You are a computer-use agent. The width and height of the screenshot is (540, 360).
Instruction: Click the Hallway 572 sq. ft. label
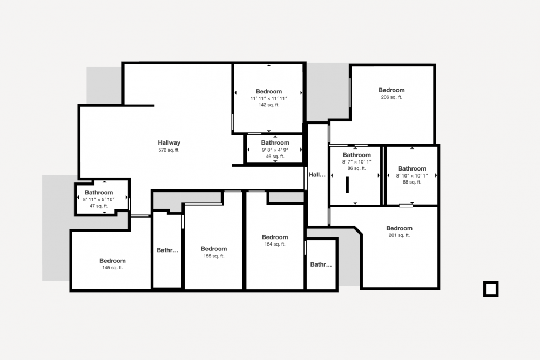coord(168,146)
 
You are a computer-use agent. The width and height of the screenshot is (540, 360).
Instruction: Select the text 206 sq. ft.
coord(391,97)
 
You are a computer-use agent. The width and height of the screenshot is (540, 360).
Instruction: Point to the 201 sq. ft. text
coord(399,235)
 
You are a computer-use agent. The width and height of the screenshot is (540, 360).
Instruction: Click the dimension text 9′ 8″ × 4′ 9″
coord(275,150)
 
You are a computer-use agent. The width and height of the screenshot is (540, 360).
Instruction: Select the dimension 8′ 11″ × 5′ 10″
coord(99,199)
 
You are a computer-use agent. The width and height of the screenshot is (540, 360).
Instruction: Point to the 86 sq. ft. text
coord(357,168)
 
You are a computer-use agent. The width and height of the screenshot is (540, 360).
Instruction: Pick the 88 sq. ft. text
coord(412,182)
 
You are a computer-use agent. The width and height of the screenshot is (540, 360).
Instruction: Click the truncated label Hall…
coord(317,175)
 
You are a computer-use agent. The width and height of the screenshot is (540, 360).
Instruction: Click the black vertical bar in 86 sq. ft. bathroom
coord(347,185)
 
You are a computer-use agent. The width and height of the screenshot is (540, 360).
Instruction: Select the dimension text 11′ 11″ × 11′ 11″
coord(269,98)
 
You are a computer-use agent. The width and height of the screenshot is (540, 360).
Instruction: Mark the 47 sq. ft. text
coord(99,206)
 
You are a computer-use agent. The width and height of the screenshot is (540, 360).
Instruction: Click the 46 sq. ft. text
coord(275,157)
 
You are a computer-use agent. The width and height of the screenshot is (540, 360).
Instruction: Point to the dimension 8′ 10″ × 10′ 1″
coord(412,176)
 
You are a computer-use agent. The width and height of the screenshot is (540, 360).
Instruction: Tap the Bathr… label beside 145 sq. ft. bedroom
coord(167,250)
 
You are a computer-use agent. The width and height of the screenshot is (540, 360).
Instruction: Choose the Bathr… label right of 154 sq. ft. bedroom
coord(321,264)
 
